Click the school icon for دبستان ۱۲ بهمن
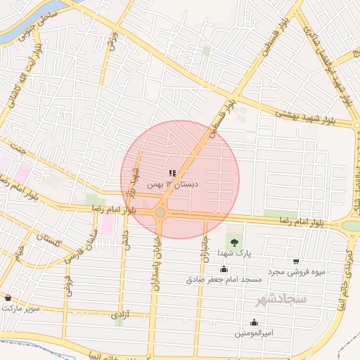[172, 173]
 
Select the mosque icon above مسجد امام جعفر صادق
[224, 269]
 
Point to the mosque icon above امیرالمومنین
[254, 323]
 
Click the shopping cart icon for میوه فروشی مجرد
[296, 262]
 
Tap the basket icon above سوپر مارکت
[8, 298]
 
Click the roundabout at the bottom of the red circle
[160, 212]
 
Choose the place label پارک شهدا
[233, 252]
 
